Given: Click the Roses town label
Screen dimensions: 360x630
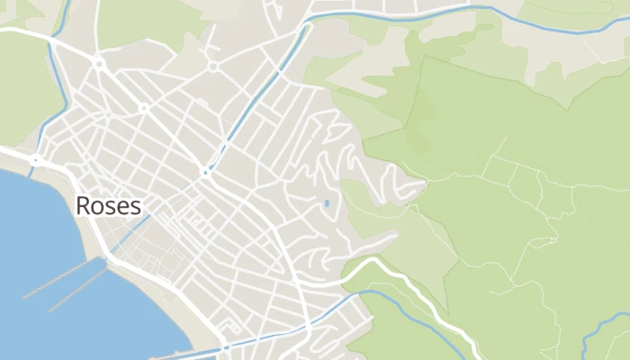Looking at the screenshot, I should coord(108,206).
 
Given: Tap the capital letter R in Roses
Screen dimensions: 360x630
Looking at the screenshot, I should coord(83,206).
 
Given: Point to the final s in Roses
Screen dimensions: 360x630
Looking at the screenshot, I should coord(136,207).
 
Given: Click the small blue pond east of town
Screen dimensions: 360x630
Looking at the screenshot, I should coord(326,203).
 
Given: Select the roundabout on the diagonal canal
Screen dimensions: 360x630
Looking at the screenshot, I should coord(206,172).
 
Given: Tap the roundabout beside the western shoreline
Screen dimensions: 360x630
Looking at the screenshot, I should coord(35,160).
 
